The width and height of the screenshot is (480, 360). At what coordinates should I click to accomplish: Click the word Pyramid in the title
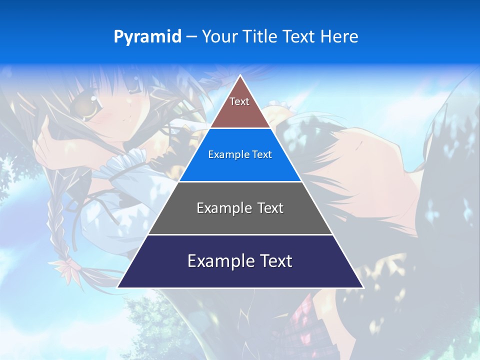coord(147,37)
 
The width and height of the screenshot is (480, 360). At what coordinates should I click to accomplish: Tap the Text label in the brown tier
coord(239,101)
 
